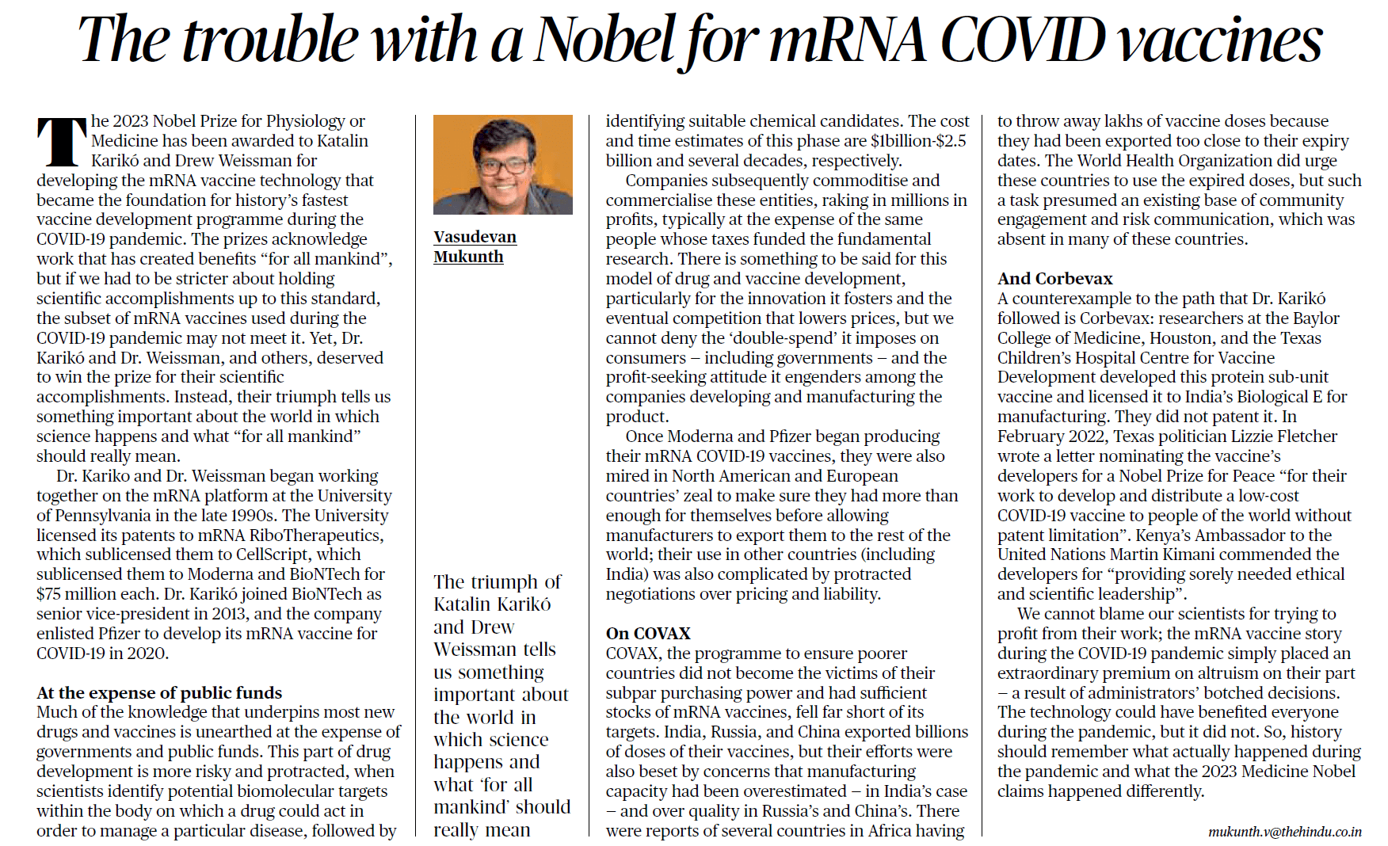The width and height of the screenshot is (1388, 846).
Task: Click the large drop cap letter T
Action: [x=61, y=143]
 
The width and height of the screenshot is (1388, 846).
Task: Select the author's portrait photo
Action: [x=502, y=165]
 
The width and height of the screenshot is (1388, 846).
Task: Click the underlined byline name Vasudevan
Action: [x=475, y=237]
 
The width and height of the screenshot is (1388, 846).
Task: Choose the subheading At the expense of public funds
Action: [x=159, y=692]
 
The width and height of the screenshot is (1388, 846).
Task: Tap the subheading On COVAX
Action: [x=648, y=633]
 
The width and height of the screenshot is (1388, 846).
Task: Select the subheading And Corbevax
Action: [x=1054, y=278]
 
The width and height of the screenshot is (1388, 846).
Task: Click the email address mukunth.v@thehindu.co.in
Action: [x=1284, y=831]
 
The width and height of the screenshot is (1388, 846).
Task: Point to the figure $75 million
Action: [x=77, y=594]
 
